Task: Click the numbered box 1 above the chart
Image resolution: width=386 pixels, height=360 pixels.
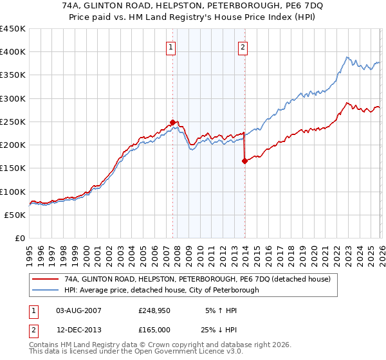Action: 172,46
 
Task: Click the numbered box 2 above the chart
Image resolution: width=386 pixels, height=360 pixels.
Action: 243,46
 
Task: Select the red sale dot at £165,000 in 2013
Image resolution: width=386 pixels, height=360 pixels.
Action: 244,161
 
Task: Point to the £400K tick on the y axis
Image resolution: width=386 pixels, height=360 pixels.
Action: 13,52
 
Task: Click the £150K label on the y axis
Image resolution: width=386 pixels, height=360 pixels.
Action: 13,168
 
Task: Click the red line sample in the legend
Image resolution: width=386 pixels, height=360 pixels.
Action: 45,279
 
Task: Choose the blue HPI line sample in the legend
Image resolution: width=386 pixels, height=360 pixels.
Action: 45,290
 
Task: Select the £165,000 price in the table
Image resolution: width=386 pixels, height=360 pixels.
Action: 154,329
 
